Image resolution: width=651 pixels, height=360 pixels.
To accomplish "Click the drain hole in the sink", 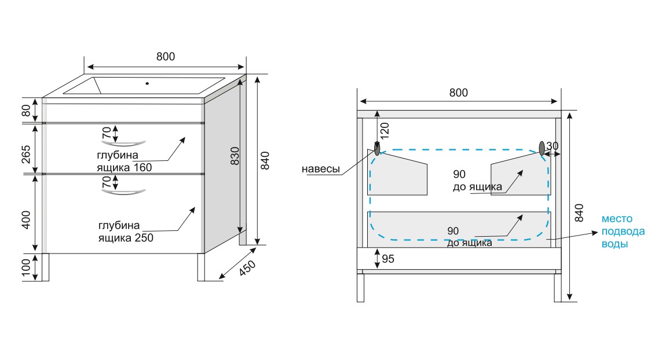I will coord(147,83).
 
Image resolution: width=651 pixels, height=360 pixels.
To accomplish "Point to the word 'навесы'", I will coord(320,169).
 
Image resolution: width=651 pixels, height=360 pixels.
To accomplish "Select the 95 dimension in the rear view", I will coord(388,259).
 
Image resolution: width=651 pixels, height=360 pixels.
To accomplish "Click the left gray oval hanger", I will coord(377,149).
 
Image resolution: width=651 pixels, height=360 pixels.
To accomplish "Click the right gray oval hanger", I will coord(543,148).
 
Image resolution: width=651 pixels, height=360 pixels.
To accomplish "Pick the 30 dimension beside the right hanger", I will coord(553,146).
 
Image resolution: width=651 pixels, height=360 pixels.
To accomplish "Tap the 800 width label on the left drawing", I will coord(165,57).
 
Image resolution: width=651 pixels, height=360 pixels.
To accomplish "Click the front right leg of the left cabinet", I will coord(201,267).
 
